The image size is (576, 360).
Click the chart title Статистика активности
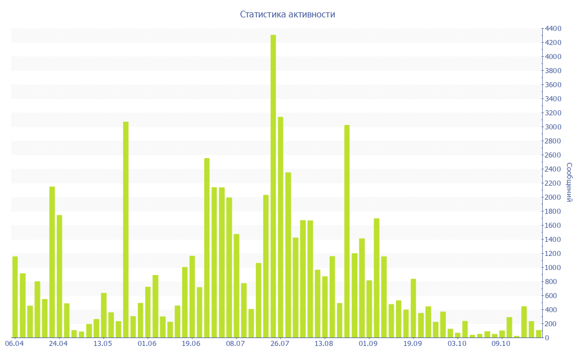pos(287,15)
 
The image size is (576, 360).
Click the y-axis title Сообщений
pos(569,182)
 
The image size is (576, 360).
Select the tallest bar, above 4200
pos(273,186)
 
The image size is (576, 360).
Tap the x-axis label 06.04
pos(14,343)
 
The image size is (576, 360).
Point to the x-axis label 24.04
pos(58,343)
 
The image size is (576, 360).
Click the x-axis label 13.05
pos(103,343)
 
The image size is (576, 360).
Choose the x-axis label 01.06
pos(147,343)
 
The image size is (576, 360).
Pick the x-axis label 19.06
pos(191,343)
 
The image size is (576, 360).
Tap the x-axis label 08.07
pos(236,343)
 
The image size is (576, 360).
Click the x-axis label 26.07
pos(280,343)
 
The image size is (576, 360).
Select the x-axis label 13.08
pos(324,343)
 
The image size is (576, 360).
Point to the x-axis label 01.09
pos(368,343)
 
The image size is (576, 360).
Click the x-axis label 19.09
pos(412,343)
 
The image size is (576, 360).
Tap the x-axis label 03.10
pos(457,343)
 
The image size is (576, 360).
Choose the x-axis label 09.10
pos(501,343)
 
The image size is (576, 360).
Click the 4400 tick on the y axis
pos(552,29)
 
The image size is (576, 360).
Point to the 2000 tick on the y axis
pos(552,197)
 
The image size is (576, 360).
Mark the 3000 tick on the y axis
pos(552,127)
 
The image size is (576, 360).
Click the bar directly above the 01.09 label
pos(370,309)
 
